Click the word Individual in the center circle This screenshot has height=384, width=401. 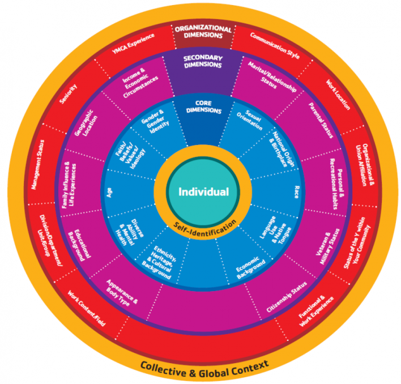click(x=203, y=192)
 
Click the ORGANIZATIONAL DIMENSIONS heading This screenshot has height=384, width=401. click(x=203, y=32)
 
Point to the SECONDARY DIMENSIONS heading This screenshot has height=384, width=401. click(x=203, y=61)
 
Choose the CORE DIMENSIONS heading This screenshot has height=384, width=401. click(x=203, y=106)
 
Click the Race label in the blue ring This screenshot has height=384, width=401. click(x=296, y=192)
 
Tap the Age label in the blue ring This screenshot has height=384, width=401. click(x=109, y=192)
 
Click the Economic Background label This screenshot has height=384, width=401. click(x=250, y=267)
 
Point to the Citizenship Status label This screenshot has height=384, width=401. click(x=287, y=297)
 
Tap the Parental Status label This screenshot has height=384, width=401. click(x=321, y=120)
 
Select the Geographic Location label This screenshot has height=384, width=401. click(x=86, y=123)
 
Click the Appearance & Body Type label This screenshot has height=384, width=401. click(x=121, y=293)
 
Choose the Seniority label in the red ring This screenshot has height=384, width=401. click(x=69, y=94)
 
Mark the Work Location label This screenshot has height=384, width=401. click(x=338, y=95)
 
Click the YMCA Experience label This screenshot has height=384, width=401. click(x=133, y=44)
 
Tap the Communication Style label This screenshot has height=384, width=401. click(x=275, y=46)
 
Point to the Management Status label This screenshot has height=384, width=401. click(x=37, y=165)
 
